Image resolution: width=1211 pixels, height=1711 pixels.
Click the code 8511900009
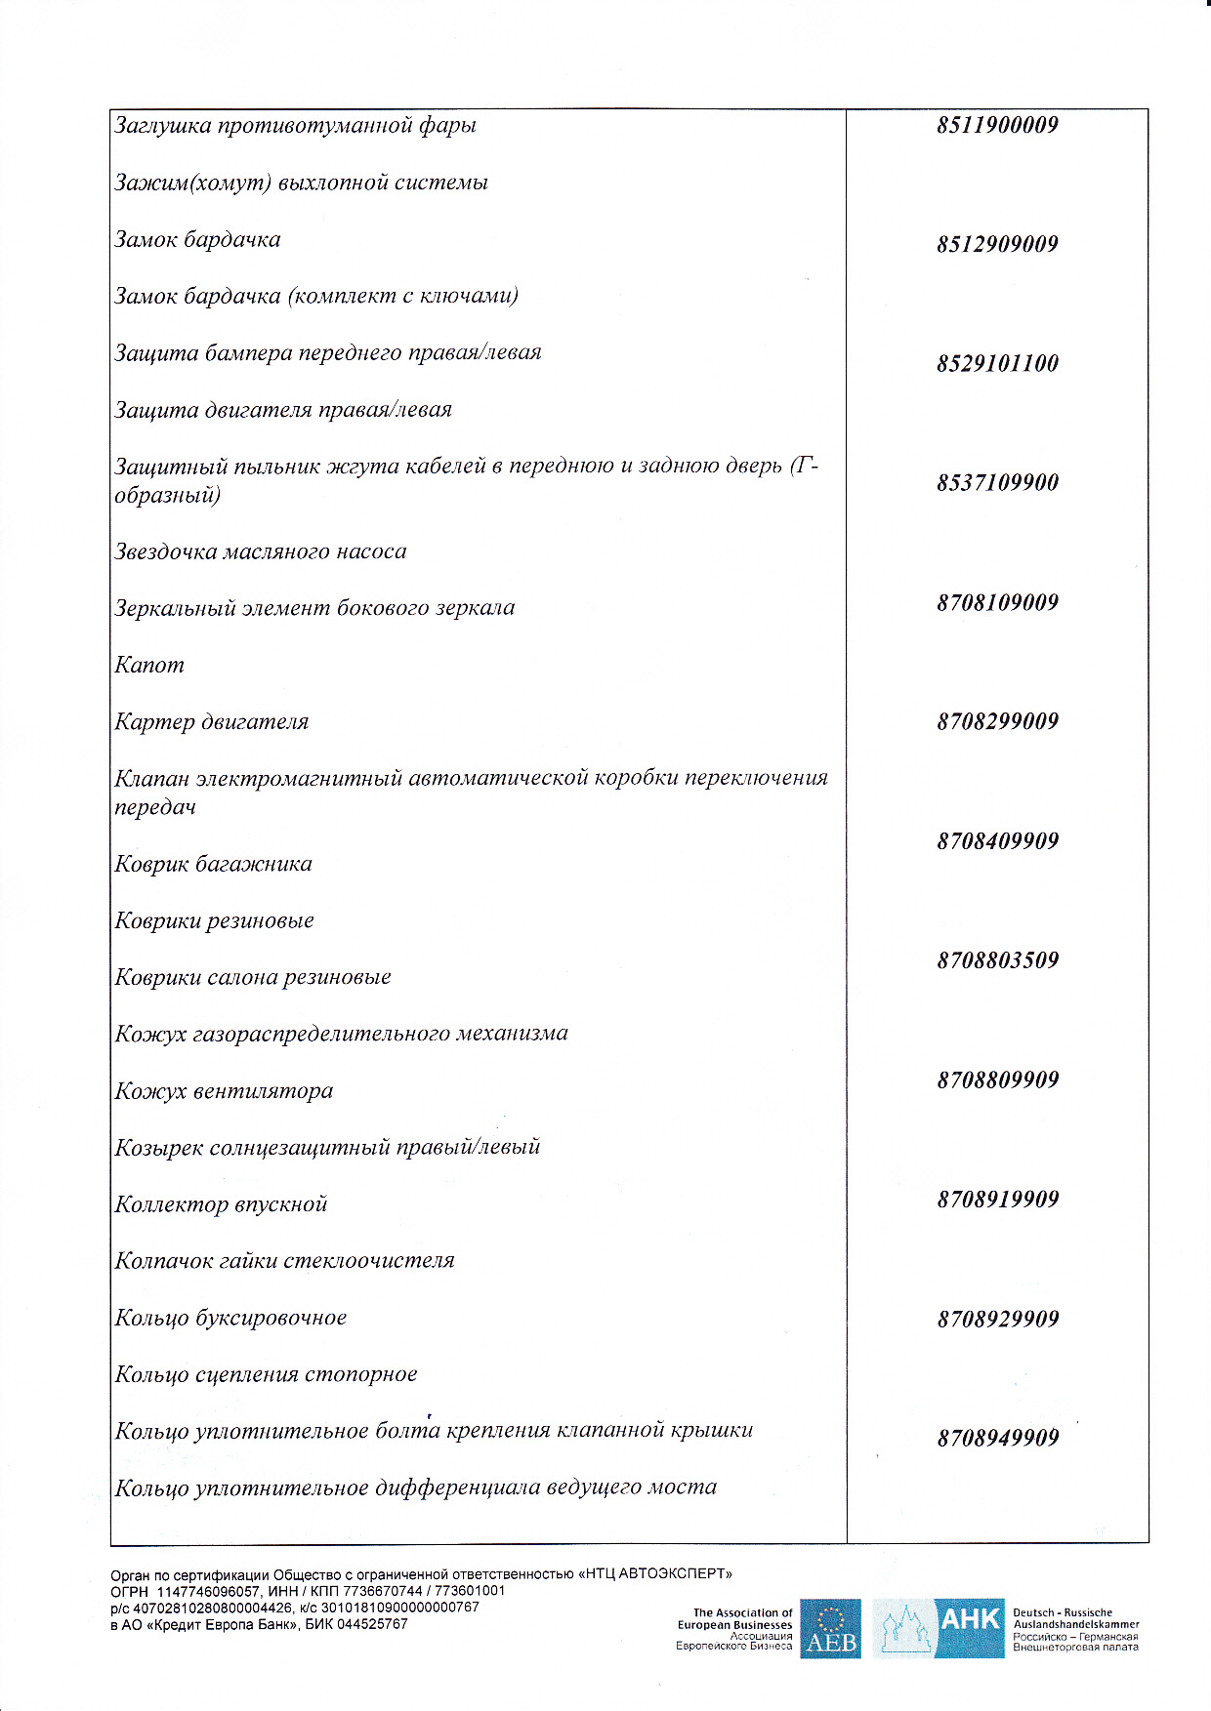997,125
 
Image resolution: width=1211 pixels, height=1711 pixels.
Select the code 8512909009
997,244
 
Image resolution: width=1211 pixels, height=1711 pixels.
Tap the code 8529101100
997,364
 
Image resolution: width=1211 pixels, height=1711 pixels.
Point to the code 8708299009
997,722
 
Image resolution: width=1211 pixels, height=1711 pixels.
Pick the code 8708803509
997,960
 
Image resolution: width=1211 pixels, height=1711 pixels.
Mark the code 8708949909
997,1438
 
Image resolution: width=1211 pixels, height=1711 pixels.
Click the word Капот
149,666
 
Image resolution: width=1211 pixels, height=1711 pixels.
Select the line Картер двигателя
211,722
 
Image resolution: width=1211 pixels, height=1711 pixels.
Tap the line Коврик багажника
213,865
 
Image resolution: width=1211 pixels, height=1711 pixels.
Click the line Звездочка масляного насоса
260,552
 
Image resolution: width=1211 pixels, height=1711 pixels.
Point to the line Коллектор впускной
221,1205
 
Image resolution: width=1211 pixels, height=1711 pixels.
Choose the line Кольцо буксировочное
230,1319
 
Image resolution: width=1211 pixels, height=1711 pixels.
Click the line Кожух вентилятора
224,1091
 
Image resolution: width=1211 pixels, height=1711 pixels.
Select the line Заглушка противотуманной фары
295,126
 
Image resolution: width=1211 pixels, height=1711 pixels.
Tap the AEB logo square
830,1628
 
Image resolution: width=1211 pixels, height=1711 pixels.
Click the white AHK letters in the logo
969,1620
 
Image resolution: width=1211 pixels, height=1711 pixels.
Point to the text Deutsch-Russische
1062,1612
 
